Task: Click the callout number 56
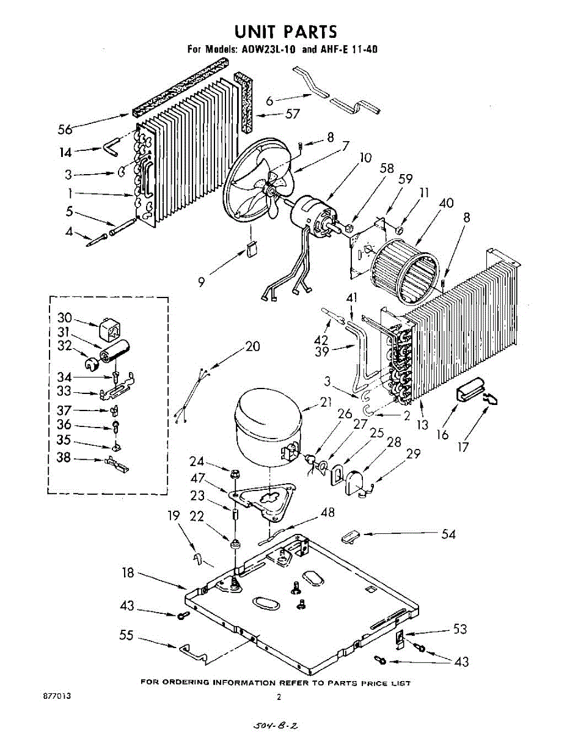click(65, 129)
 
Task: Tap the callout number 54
click(448, 534)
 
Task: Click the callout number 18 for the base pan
click(128, 573)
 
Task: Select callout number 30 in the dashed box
click(64, 318)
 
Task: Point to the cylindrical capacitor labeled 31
click(115, 353)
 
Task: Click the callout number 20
click(252, 347)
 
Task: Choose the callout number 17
click(463, 447)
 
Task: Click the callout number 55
click(126, 636)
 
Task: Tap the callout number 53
click(461, 630)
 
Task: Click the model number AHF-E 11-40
click(346, 49)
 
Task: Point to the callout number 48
click(327, 512)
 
